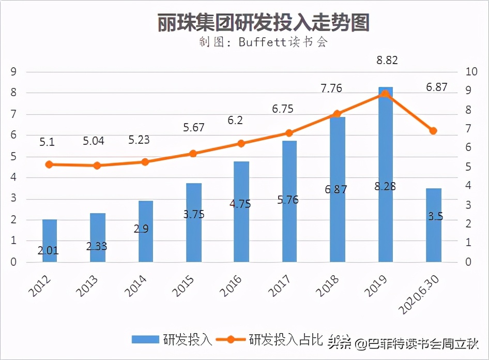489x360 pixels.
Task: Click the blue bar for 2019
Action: pos(385,155)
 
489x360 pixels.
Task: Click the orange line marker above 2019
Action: pos(385,94)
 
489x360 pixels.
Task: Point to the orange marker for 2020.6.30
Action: pos(433,131)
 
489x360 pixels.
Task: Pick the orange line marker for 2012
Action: pos(50,164)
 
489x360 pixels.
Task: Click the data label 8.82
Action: pos(387,61)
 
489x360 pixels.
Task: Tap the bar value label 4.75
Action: pos(240,204)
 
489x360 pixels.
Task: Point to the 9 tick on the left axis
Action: pos(14,72)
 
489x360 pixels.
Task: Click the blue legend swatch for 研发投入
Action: pos(146,340)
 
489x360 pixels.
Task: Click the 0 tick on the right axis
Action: pos(469,262)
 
